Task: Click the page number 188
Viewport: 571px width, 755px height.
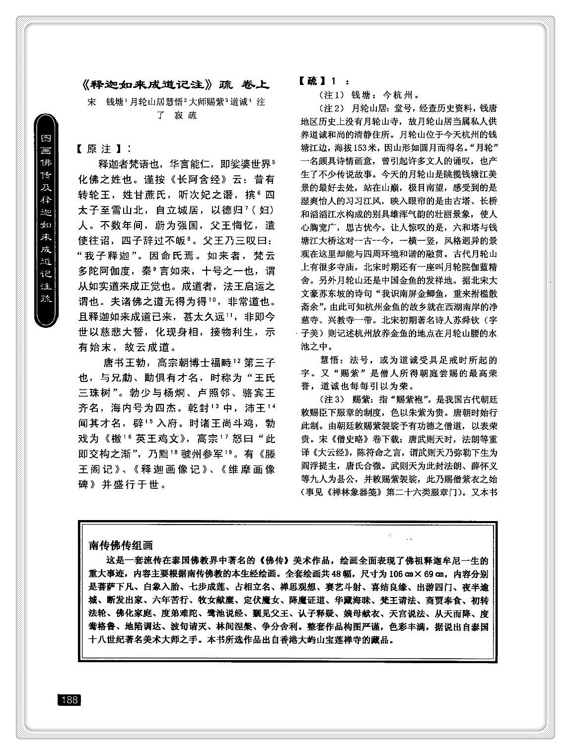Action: [x=69, y=700]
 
